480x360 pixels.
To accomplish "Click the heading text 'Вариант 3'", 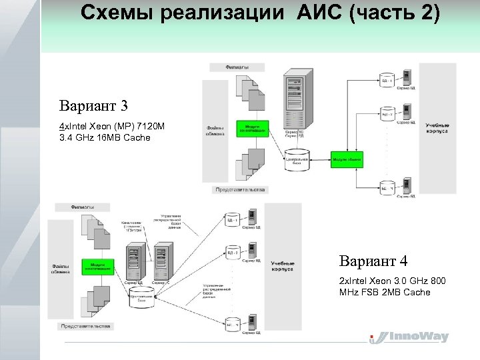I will (93, 106).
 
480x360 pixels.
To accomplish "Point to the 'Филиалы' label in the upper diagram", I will (237, 67).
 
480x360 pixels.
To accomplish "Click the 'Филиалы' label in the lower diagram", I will (82, 207).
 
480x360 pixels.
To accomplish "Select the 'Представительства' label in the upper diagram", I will (240, 189).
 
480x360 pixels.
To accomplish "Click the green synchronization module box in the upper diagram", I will (253, 128).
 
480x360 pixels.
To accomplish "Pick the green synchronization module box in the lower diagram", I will (97, 267).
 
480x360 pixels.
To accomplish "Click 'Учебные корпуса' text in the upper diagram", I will (437, 128).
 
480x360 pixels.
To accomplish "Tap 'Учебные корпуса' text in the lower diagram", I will (283, 265).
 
